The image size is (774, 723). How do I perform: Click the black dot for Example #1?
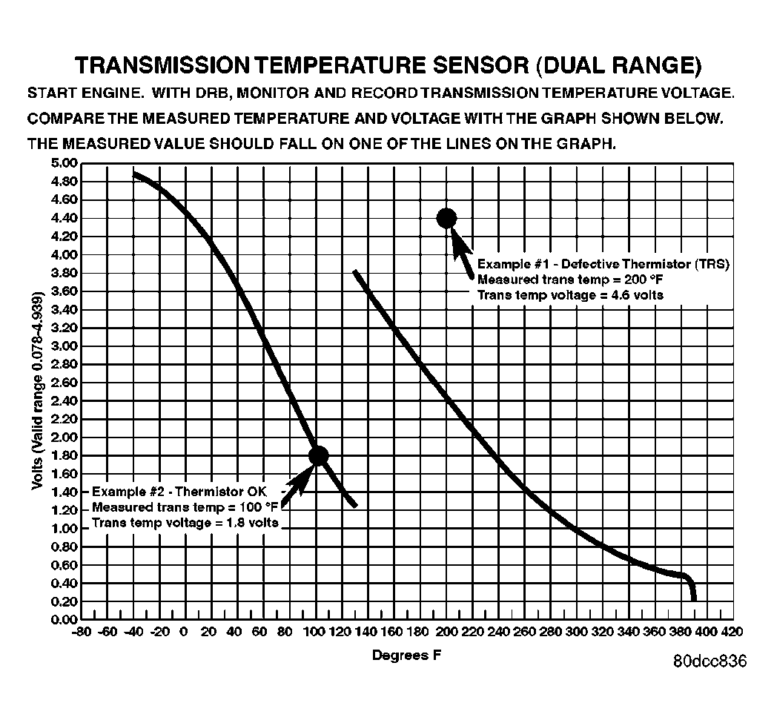(446, 217)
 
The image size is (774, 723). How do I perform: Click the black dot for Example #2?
(319, 455)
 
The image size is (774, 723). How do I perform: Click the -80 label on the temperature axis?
(82, 632)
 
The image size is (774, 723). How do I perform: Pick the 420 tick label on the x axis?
(731, 632)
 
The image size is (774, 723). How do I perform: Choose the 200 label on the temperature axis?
(446, 632)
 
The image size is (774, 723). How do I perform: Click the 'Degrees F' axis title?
(401, 655)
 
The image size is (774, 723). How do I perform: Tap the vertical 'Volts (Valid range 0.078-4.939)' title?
(37, 391)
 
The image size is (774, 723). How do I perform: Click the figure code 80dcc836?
(710, 661)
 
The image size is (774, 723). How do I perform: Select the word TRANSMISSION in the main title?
(162, 65)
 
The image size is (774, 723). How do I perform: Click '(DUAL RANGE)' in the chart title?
(617, 65)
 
